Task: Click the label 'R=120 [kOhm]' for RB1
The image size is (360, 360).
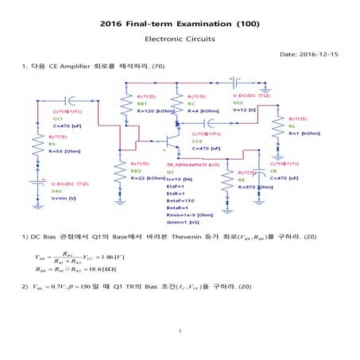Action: click(156, 111)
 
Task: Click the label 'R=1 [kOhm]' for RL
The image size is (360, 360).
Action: click(304, 133)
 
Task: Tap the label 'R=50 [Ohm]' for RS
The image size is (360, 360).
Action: click(44, 151)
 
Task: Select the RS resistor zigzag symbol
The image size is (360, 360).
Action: click(37, 149)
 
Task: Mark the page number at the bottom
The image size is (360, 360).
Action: click(181, 331)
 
